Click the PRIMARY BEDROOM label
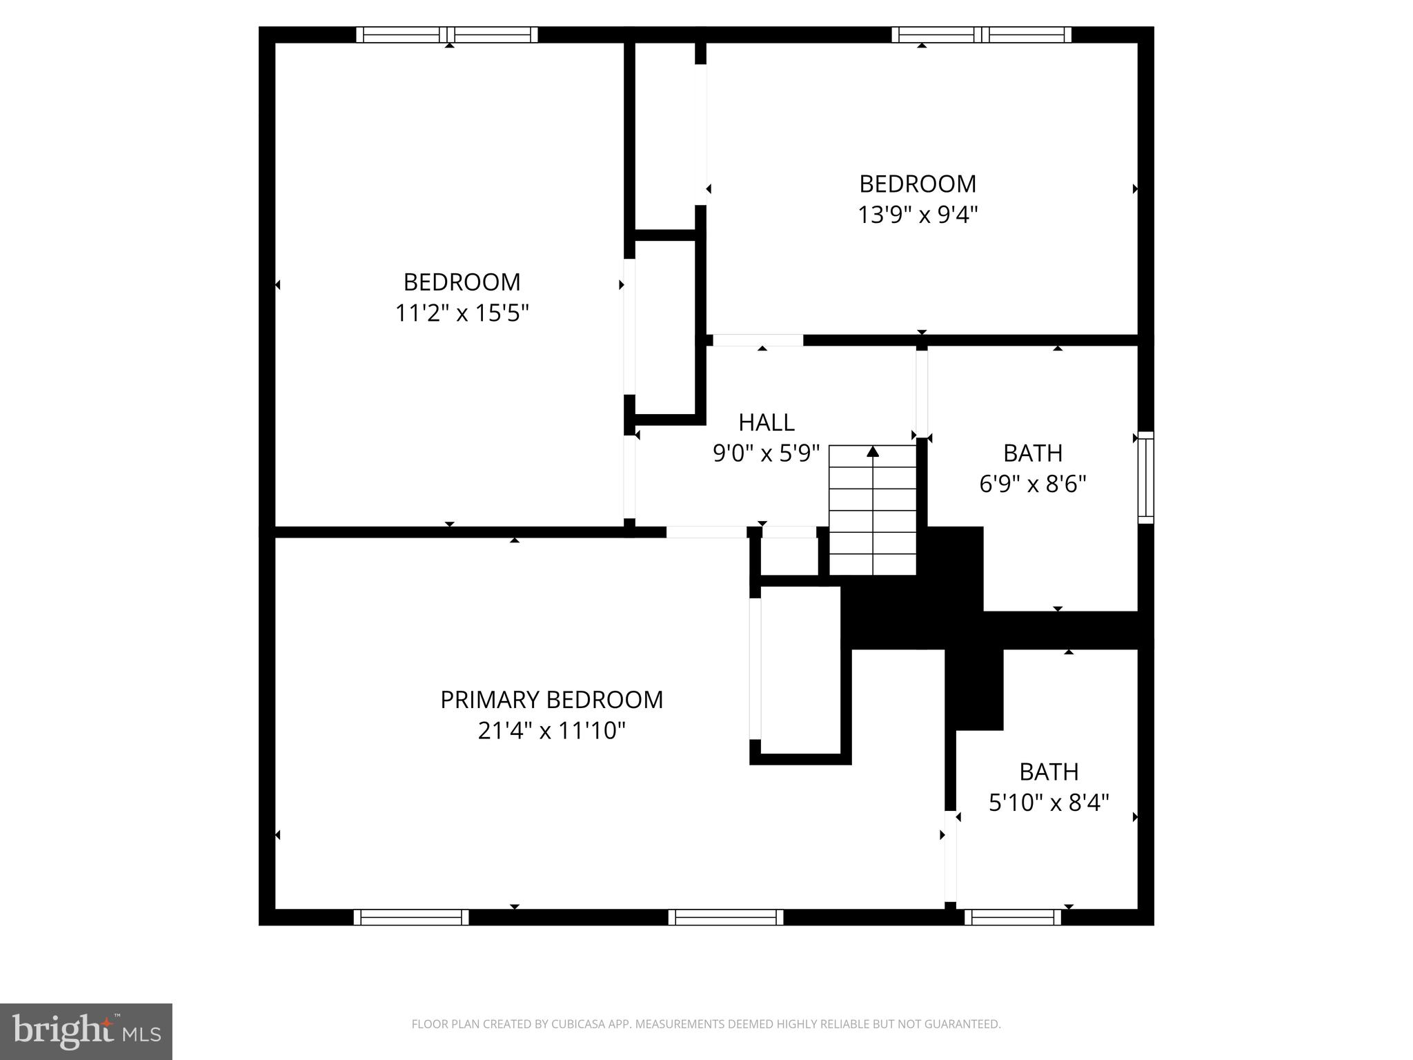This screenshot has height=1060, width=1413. (551, 699)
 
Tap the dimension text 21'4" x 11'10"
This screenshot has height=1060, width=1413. (551, 730)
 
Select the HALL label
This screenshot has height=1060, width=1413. (766, 422)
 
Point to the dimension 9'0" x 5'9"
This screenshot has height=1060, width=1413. (766, 453)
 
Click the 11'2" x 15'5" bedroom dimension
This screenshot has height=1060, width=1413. (462, 313)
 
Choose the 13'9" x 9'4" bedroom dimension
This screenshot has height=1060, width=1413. (918, 215)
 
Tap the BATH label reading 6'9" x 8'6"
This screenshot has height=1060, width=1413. (1032, 453)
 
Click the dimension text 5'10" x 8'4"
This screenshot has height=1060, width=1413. (1049, 803)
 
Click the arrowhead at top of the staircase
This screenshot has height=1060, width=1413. (873, 451)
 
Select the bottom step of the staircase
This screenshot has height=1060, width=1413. (873, 564)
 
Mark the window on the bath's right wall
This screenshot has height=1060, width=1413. (1145, 478)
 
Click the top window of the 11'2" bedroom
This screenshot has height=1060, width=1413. (447, 35)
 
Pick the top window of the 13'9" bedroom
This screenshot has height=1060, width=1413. (982, 35)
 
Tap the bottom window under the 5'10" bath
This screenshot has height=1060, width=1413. (1012, 917)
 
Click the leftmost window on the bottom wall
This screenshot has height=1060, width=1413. (411, 917)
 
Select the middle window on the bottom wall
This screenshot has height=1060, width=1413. (726, 917)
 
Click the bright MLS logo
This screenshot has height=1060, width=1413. (86, 1031)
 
